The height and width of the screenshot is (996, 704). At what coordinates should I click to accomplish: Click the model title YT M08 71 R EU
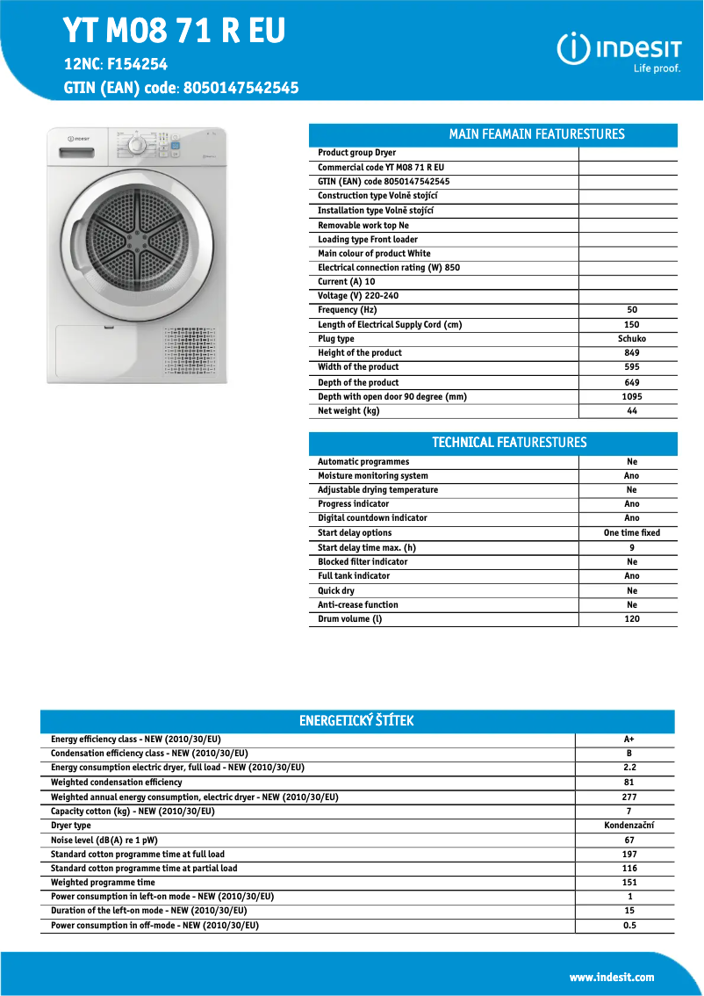(174, 31)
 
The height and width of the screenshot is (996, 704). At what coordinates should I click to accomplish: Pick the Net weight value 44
(632, 411)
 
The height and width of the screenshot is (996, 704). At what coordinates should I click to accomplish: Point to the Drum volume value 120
(632, 619)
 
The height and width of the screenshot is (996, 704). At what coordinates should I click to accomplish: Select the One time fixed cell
(632, 533)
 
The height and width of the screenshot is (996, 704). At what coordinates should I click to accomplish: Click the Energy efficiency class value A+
(629, 740)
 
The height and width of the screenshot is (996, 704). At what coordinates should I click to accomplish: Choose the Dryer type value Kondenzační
(629, 826)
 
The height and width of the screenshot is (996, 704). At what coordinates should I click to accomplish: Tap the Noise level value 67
(629, 841)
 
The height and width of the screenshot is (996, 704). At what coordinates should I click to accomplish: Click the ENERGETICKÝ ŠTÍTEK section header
(356, 721)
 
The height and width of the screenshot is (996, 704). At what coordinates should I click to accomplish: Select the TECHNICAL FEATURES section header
(509, 443)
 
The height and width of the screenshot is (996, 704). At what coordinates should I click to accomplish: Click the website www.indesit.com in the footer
(612, 977)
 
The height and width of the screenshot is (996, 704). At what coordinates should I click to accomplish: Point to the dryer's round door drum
(136, 238)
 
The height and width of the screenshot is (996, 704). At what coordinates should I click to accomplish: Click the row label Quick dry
(336, 591)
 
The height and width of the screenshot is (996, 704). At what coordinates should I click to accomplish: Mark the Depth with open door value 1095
(632, 397)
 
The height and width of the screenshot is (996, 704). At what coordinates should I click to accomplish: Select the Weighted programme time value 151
(629, 883)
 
